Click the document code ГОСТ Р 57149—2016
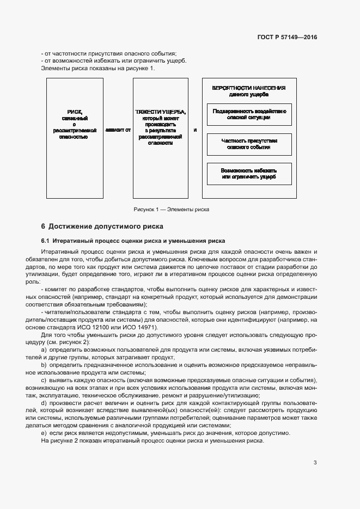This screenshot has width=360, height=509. tap(286, 38)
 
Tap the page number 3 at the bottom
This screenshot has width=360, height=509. tap(315, 463)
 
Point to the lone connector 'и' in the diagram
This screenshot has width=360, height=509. tap(194, 131)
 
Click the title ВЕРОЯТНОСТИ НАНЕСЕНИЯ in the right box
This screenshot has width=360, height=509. tap(249, 88)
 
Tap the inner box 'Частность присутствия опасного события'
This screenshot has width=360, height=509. tap(249, 144)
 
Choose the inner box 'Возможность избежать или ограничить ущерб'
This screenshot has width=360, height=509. tap(249, 173)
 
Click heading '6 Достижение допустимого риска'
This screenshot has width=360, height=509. tap(102, 226)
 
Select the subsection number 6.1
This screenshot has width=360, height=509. tap(46, 241)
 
